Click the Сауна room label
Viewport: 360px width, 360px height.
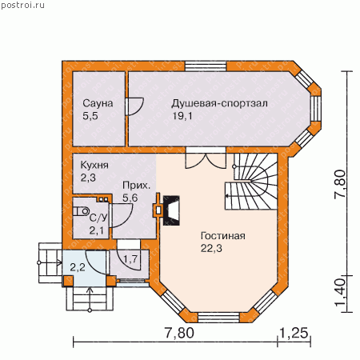[98, 103]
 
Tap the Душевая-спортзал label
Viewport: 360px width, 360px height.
[219, 103]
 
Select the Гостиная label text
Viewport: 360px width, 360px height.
[223, 236]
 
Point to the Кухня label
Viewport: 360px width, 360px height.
[94, 166]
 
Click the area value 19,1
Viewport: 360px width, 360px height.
[182, 116]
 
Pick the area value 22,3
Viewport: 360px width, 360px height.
[211, 248]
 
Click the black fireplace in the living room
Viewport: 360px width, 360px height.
[171, 210]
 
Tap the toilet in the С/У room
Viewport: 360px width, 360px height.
[81, 211]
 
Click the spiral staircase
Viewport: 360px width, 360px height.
[251, 182]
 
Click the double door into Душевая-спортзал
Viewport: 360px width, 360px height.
[206, 160]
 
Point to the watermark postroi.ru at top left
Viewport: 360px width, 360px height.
[22, 5]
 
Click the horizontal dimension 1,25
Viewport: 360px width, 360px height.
[294, 333]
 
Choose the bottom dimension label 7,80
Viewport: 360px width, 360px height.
[179, 333]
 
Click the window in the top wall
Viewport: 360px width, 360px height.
[206, 66]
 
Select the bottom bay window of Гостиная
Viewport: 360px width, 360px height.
[218, 318]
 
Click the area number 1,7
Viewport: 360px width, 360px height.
[130, 258]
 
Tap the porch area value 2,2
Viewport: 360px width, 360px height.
[78, 267]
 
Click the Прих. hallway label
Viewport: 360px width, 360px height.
[136, 186]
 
